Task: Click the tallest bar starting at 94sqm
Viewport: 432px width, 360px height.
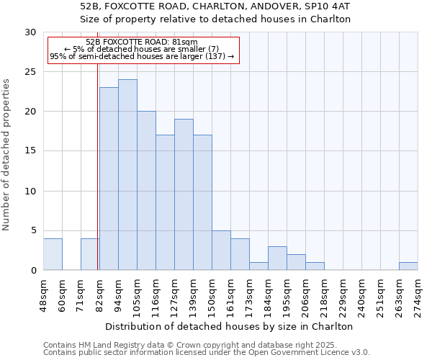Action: [x=127, y=175]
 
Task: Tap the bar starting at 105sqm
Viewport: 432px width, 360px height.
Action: [x=146, y=191]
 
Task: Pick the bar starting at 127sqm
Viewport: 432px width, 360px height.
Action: [x=184, y=194]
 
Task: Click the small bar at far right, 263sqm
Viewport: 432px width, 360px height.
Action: [x=408, y=266]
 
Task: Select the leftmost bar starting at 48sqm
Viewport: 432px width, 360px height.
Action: [x=53, y=254]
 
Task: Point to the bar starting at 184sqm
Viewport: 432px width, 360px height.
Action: [x=277, y=258]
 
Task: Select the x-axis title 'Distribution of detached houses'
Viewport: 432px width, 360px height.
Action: [x=230, y=326]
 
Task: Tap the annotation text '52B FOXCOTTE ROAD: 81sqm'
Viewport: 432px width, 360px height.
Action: [x=141, y=42]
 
